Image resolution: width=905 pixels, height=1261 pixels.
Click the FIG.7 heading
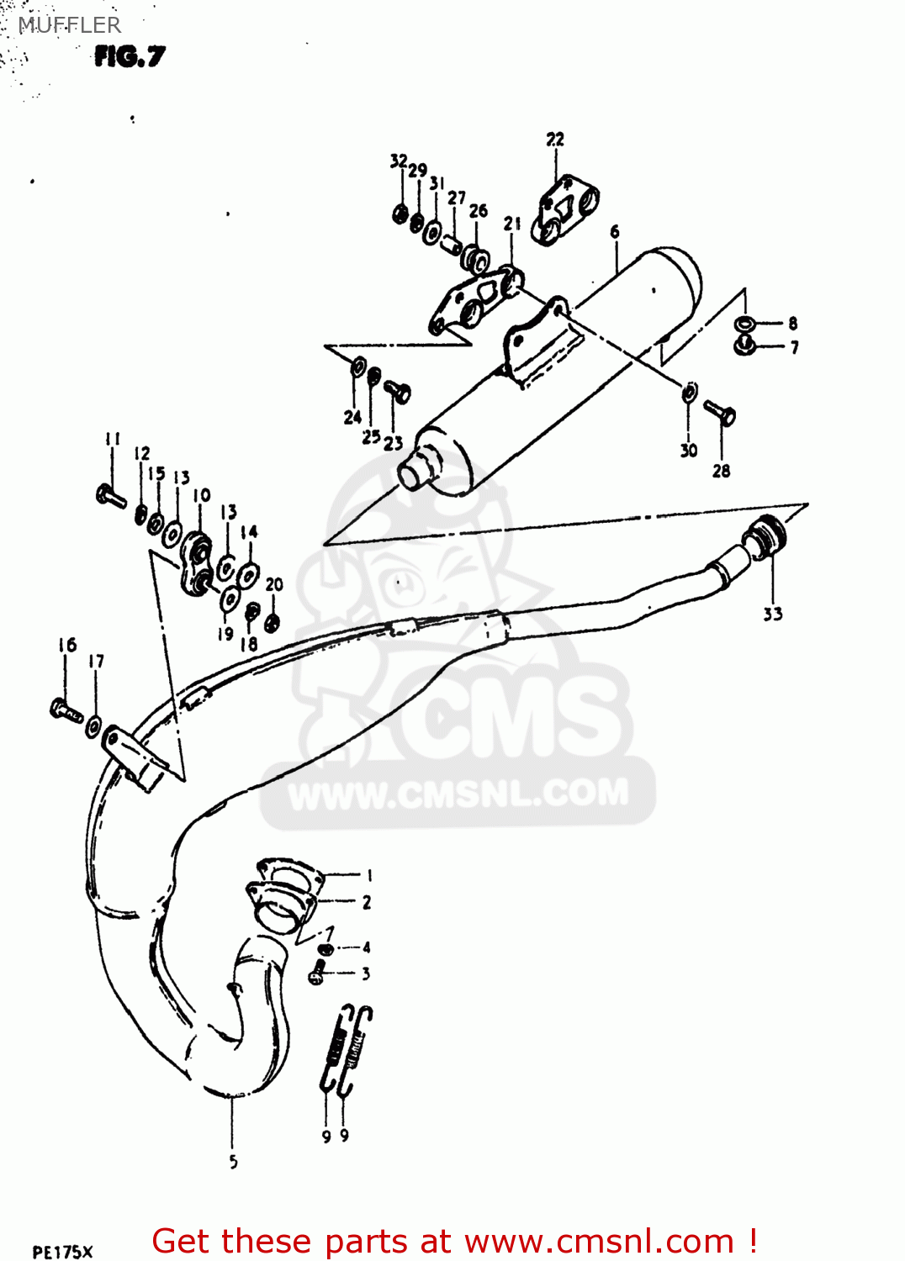coord(130,56)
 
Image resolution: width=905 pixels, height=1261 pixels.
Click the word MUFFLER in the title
coord(70,25)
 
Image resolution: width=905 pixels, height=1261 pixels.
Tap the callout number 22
coord(555,140)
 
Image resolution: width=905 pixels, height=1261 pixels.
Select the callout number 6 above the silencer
coord(615,232)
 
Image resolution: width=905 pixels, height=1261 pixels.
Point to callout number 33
coord(772,615)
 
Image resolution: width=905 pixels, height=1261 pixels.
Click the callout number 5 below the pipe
coord(233,1162)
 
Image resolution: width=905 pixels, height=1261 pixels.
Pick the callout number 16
coord(67,645)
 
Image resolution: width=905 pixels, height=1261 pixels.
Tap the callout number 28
coord(721,471)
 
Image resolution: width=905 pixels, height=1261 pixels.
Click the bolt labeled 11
coord(111,496)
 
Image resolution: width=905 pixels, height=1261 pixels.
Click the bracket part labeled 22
coord(565,208)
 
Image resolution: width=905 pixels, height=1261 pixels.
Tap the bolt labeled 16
coord(66,710)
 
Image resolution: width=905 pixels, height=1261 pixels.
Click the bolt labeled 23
coord(397,390)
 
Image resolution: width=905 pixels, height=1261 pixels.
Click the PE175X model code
coord(62,1252)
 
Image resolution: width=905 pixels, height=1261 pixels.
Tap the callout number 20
coord(274,584)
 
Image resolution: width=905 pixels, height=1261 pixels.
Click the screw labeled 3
coord(318,973)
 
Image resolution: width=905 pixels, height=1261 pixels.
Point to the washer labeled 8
coord(744,324)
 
